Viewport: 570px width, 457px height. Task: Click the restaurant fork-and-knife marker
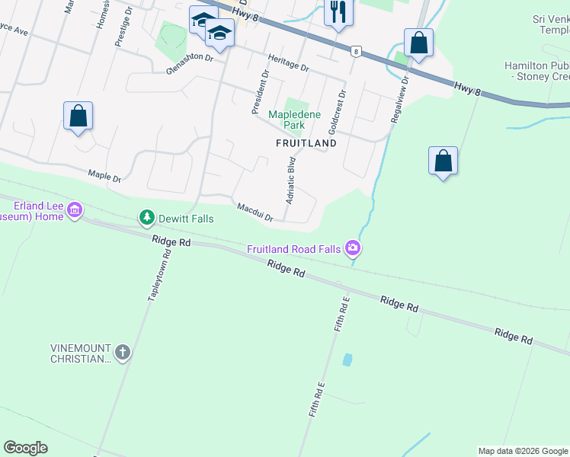338,12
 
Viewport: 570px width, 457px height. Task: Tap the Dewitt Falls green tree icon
146,219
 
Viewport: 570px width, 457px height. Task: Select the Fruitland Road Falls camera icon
353,248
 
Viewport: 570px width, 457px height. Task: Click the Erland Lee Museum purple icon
75,209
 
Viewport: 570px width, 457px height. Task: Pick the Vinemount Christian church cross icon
123,353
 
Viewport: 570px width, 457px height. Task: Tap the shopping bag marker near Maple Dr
78,117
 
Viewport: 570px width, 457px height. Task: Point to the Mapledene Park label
287,120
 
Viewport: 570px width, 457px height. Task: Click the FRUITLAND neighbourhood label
306,142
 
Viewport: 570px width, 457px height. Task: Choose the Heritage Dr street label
288,63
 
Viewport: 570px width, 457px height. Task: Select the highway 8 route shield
355,51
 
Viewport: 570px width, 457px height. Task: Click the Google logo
26,448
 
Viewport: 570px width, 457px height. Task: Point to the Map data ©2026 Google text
523,451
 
